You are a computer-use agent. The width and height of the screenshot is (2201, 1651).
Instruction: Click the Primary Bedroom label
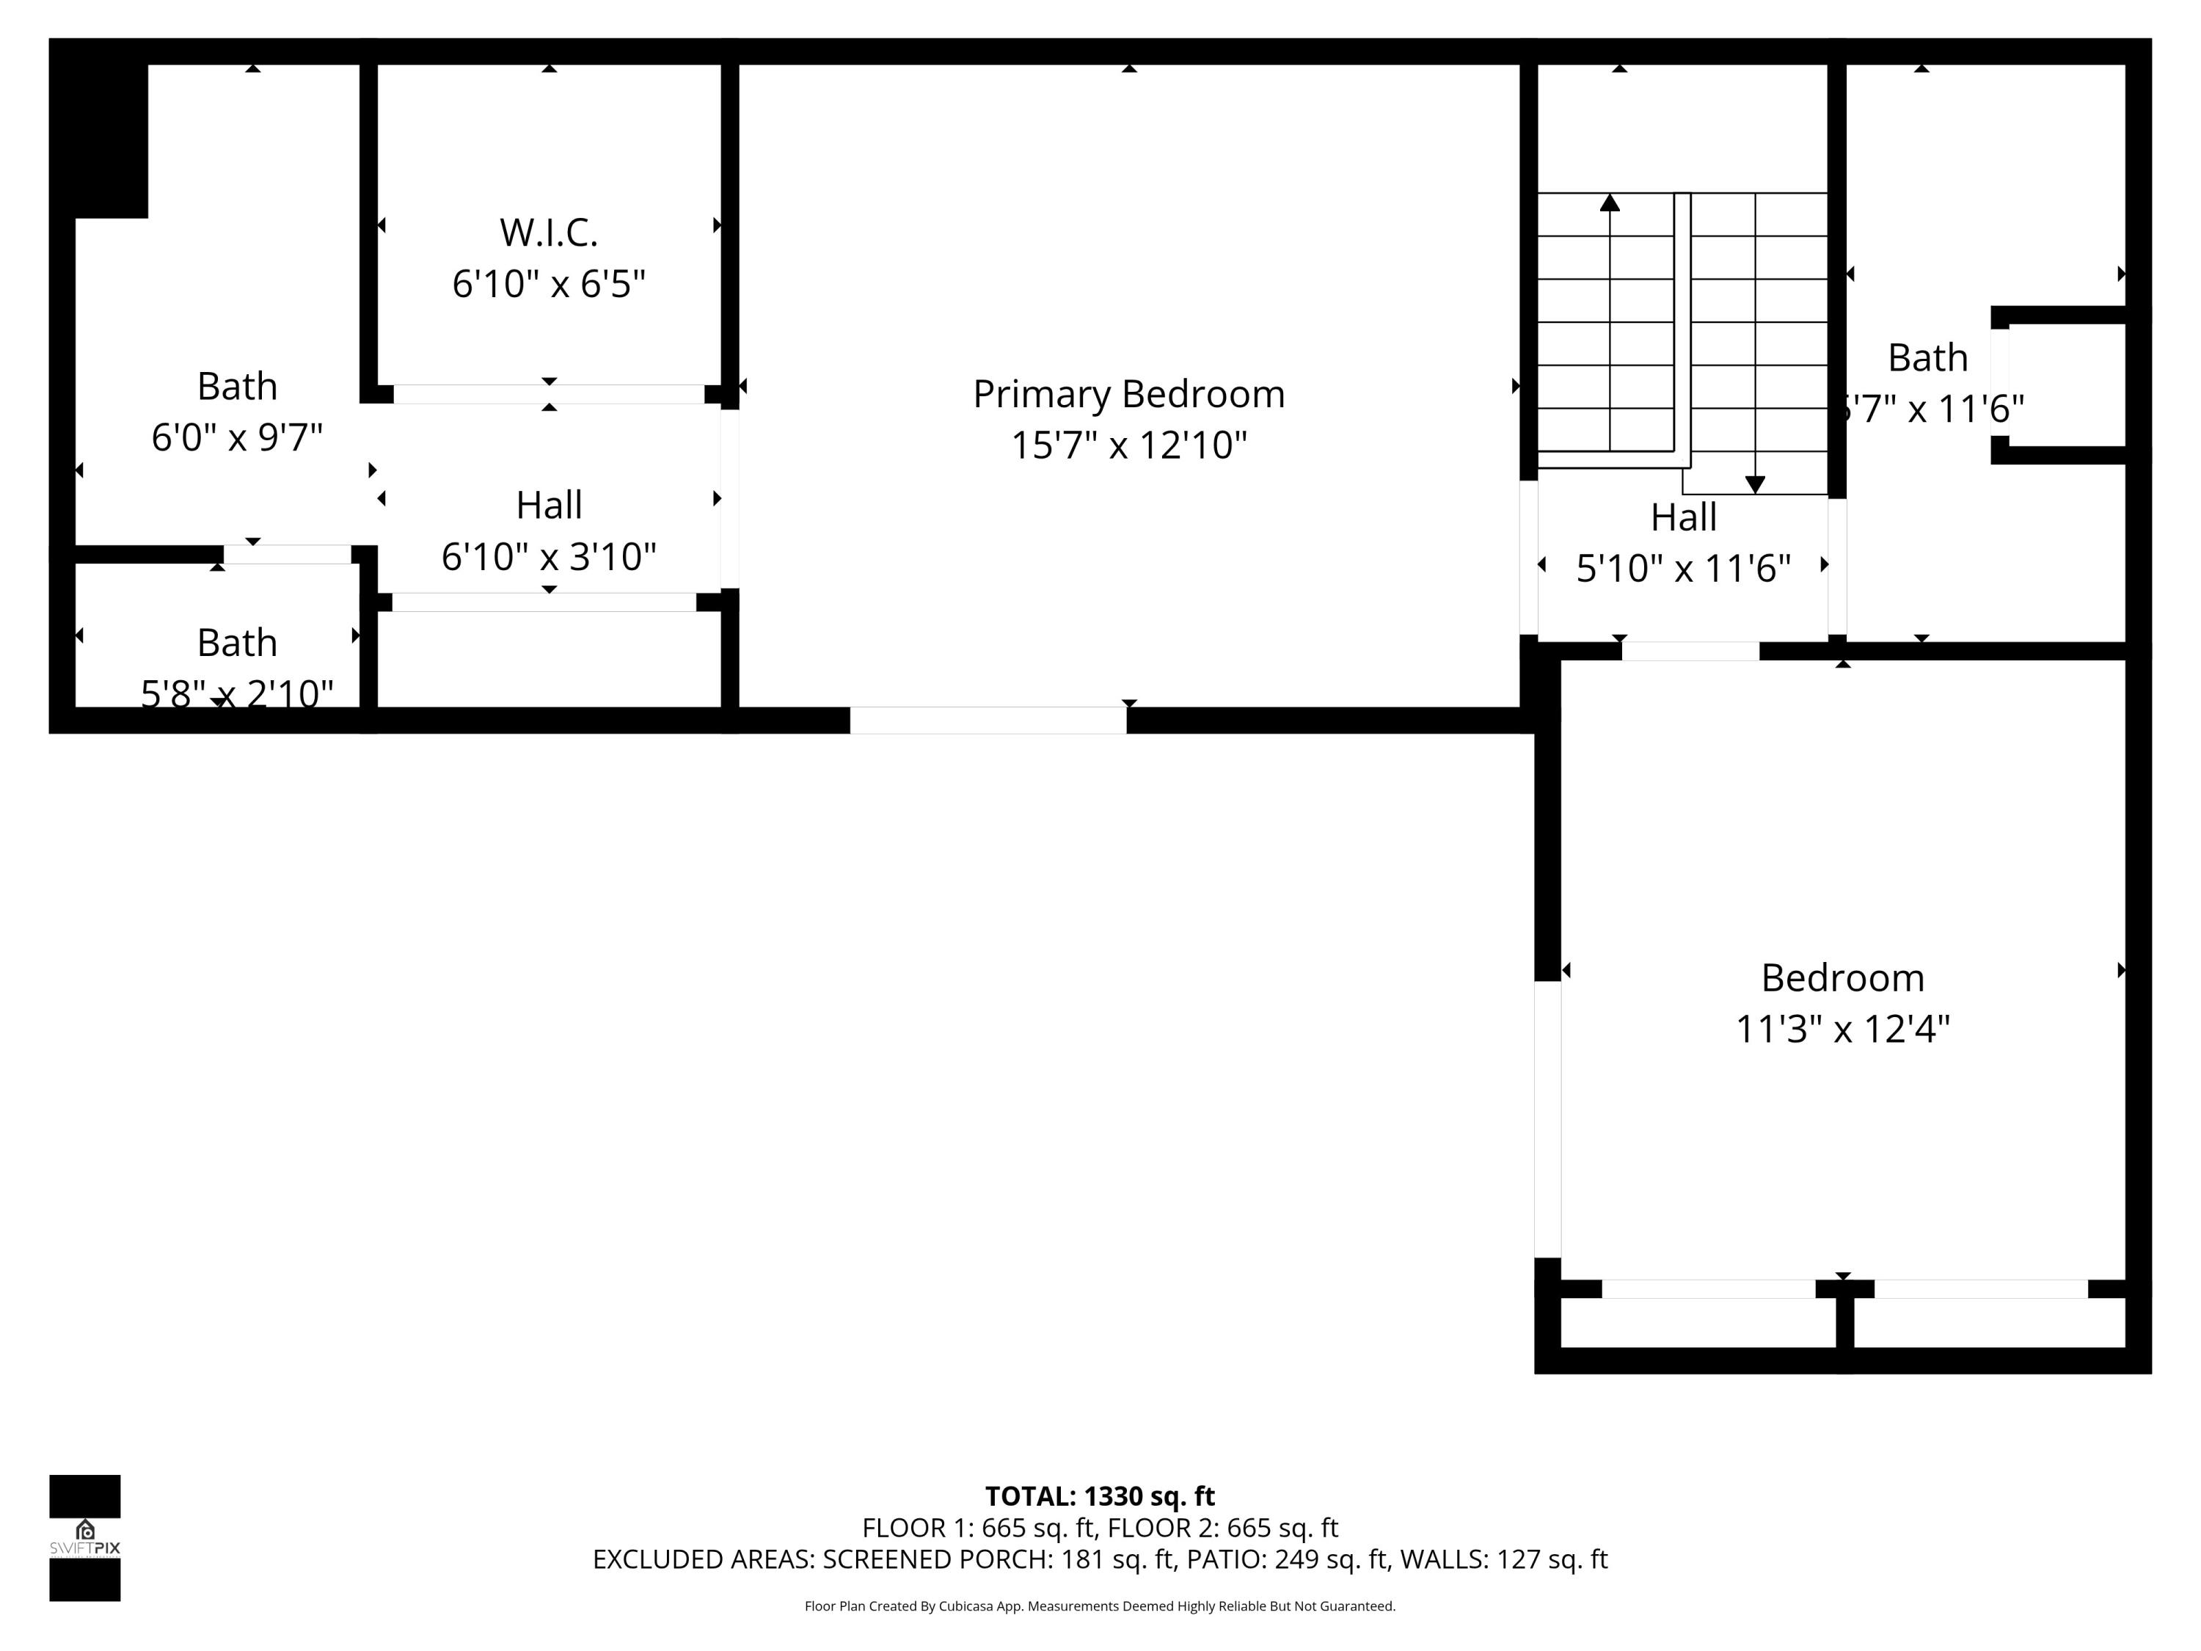click(1128, 394)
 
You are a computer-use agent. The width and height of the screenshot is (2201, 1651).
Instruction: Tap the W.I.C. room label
click(548, 233)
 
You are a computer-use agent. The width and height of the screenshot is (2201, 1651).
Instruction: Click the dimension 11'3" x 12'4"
click(1842, 1029)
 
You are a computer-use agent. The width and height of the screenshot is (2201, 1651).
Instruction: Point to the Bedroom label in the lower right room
click(1842, 977)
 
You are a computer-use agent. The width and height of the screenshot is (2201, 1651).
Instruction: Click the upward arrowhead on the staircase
click(1609, 203)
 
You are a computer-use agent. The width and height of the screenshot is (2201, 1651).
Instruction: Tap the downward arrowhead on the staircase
click(1755, 484)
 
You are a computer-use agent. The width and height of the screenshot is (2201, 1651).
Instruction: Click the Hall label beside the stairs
click(1684, 517)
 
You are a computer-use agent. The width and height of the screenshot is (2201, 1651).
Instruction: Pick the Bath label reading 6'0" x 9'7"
click(237, 386)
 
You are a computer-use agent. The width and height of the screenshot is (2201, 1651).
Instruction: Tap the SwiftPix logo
click(84, 1537)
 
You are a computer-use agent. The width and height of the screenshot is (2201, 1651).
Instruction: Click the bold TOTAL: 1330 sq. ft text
click(1100, 1495)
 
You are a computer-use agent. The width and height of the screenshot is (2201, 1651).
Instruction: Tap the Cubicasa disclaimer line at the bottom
click(1100, 1606)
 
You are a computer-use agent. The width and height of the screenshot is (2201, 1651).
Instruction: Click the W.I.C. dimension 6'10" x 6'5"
click(548, 285)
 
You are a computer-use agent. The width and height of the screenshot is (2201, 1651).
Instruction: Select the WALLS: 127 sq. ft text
click(1503, 1559)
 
